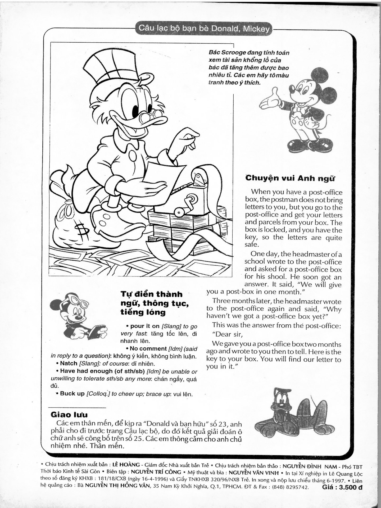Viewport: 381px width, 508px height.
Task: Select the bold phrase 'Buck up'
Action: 72,393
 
